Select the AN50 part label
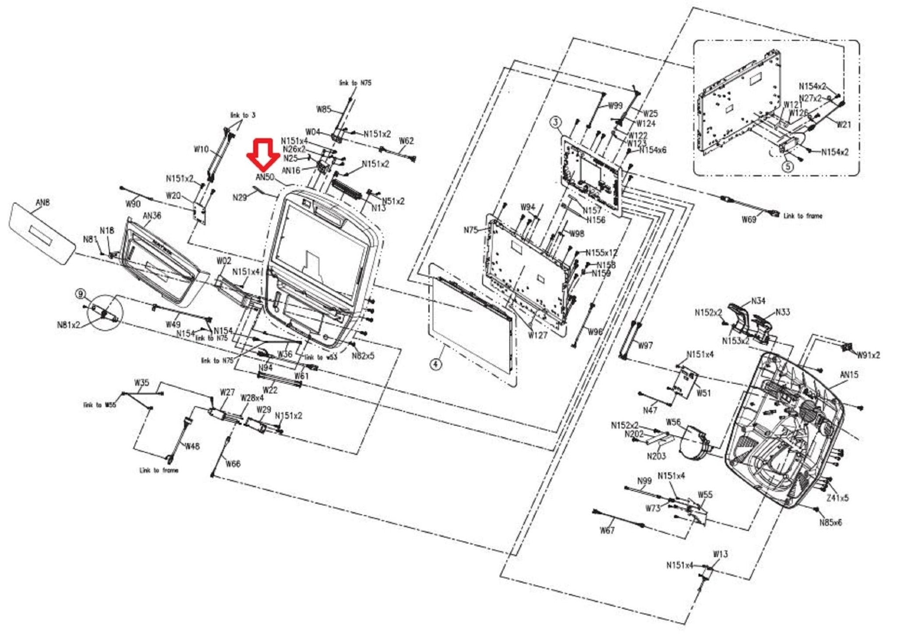click(265, 177)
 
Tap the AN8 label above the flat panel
click(42, 202)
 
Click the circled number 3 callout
click(556, 122)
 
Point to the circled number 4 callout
click(435, 364)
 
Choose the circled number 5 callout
click(788, 166)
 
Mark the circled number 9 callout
click(81, 294)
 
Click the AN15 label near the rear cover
click(849, 375)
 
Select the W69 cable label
click(749, 219)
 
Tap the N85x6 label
click(830, 523)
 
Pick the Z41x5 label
click(837, 498)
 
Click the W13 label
click(720, 554)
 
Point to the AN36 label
click(152, 216)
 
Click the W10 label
click(201, 149)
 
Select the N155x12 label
click(601, 253)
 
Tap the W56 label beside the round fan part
click(673, 422)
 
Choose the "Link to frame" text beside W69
click(802, 216)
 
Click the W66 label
click(233, 464)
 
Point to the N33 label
click(782, 312)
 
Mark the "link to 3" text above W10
click(243, 115)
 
